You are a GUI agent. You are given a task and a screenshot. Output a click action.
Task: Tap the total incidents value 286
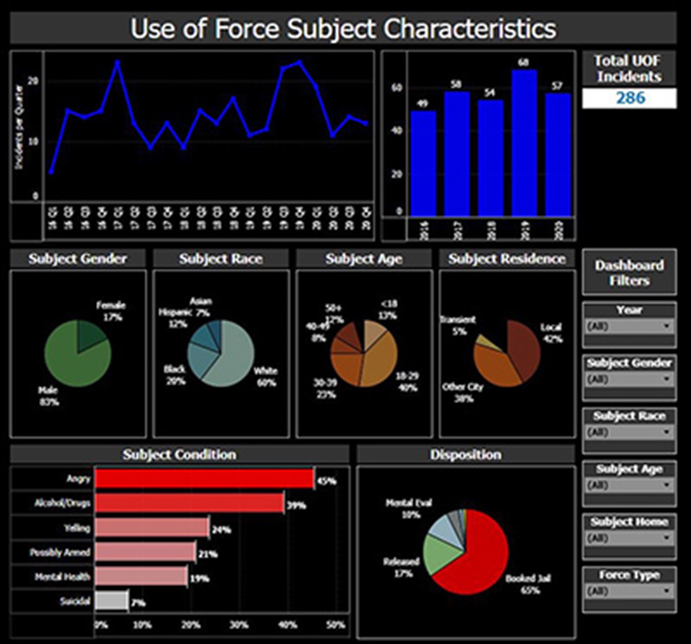(x=629, y=98)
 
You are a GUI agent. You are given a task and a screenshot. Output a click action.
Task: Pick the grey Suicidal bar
(x=111, y=601)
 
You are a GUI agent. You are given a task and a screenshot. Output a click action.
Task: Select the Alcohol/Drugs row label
(x=62, y=503)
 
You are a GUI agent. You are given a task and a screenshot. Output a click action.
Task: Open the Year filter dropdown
(x=629, y=327)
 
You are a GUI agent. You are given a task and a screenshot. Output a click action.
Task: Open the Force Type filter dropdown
(x=629, y=591)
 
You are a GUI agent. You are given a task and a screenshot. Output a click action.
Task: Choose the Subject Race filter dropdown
(x=629, y=432)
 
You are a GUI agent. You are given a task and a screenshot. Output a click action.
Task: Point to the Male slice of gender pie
(x=72, y=360)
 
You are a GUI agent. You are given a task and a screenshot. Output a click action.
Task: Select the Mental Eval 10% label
(x=411, y=509)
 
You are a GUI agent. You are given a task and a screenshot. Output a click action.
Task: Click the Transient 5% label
(x=458, y=326)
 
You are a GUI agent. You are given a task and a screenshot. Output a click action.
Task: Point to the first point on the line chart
(x=51, y=172)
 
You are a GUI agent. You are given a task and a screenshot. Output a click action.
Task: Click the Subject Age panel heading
(x=363, y=259)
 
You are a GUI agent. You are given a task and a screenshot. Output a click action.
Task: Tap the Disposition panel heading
(x=465, y=455)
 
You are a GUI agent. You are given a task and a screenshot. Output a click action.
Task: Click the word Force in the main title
(x=246, y=28)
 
